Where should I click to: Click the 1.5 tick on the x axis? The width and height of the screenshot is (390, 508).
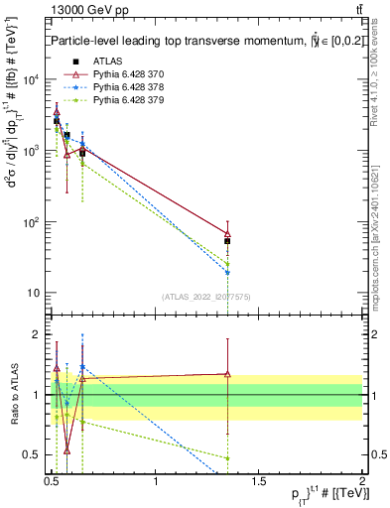click(259, 481)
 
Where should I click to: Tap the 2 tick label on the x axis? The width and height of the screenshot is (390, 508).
click(362, 481)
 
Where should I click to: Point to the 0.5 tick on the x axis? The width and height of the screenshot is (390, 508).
click(53, 481)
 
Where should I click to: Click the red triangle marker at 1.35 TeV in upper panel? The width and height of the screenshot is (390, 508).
click(228, 234)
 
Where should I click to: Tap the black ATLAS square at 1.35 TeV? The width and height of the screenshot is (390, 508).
click(228, 241)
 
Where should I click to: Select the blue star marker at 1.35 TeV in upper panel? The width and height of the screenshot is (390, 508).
click(228, 272)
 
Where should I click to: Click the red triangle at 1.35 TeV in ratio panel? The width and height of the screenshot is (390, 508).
click(228, 374)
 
